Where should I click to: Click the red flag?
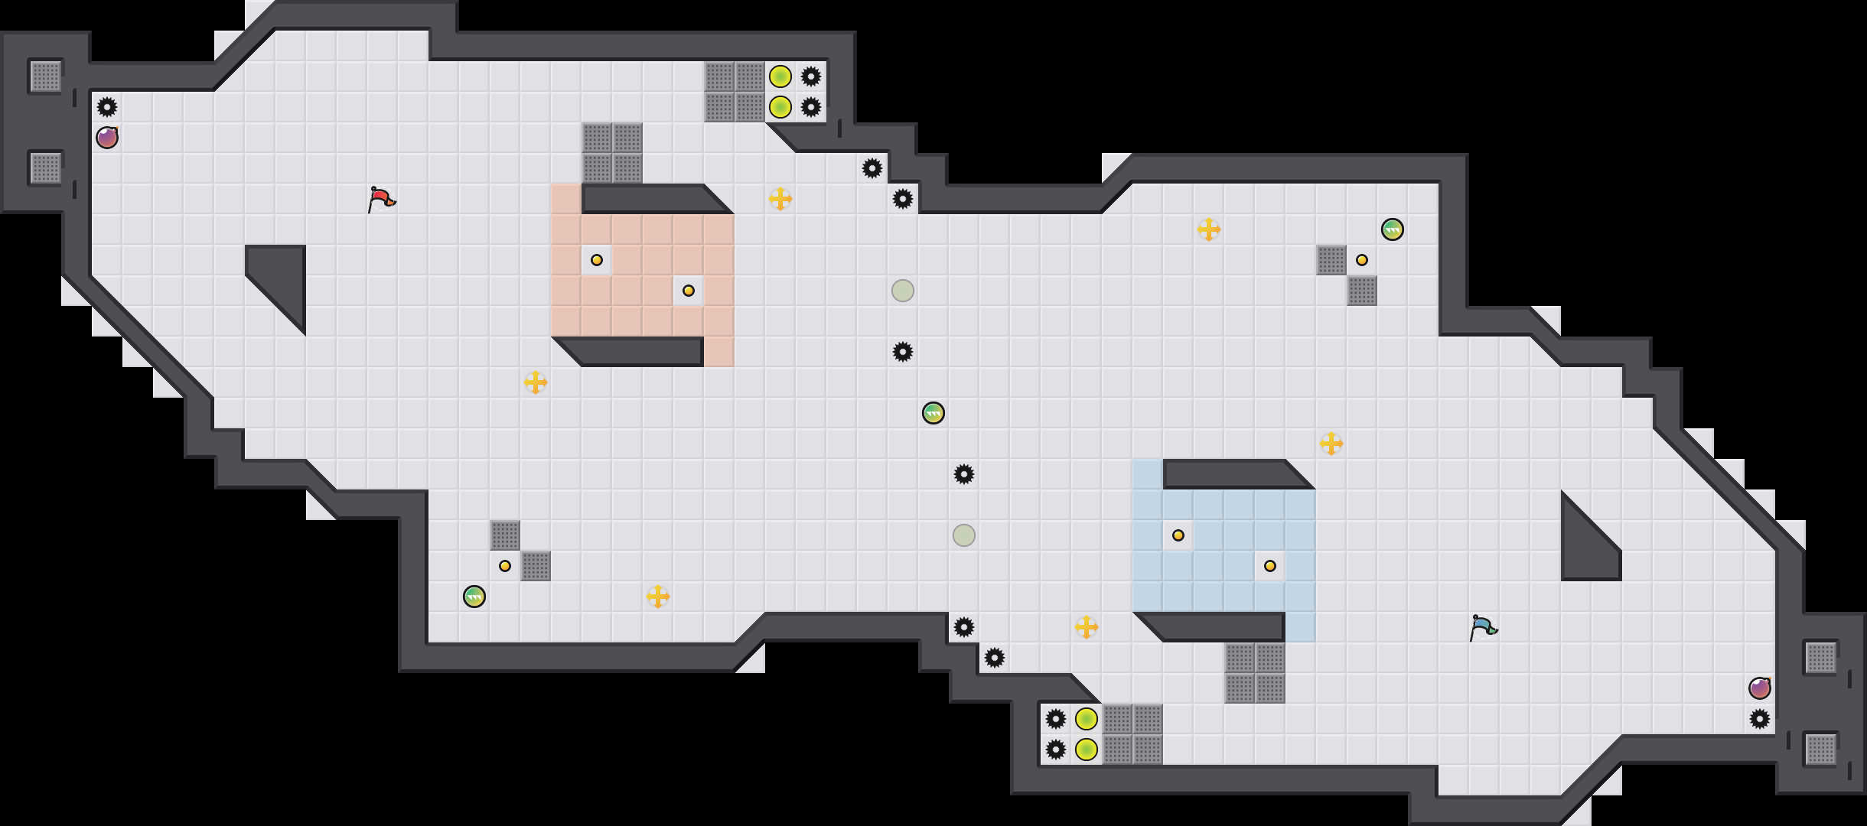[x=380, y=199]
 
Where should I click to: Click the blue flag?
[x=1482, y=627]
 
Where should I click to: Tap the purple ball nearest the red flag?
[x=107, y=138]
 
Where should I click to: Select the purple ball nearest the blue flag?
[x=1760, y=688]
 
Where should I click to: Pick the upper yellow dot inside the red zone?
[x=597, y=260]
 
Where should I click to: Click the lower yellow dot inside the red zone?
[x=689, y=291]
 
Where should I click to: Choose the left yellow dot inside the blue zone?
[x=1178, y=535]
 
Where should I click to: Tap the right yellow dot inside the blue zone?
[x=1270, y=566]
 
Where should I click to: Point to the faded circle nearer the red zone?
[x=903, y=291]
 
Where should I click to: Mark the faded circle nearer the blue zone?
[x=964, y=535]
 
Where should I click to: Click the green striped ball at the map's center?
[x=933, y=413]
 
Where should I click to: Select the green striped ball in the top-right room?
[x=1393, y=229]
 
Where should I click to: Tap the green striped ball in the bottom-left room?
[x=474, y=597]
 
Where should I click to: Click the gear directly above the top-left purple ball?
[x=107, y=107]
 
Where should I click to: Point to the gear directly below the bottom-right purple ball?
[x=1760, y=719]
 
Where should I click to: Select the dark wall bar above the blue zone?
[x=1232, y=473]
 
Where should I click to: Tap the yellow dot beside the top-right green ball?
[x=1362, y=260]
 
